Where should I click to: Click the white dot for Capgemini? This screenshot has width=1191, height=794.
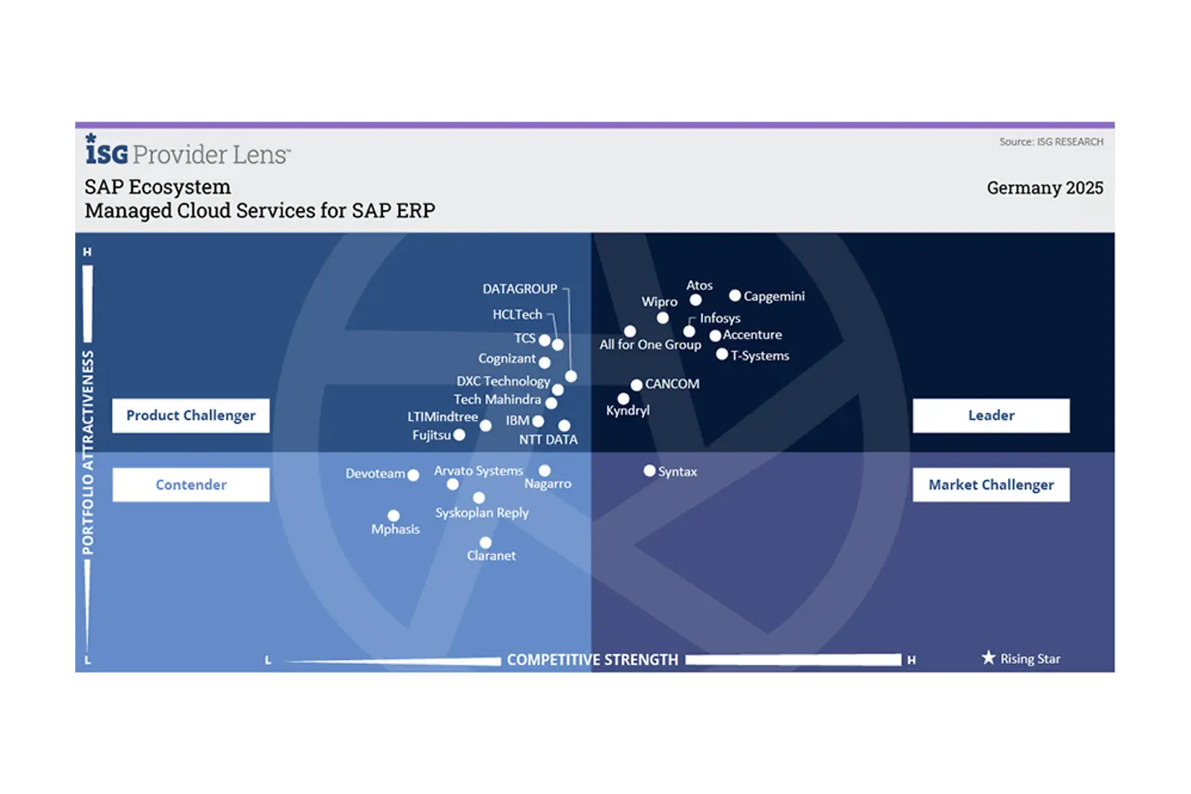(734, 295)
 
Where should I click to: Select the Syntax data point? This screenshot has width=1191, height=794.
(649, 471)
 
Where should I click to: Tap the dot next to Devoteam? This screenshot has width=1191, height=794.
(414, 475)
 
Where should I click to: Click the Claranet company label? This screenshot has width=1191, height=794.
(491, 556)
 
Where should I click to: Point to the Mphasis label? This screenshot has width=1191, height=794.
(395, 529)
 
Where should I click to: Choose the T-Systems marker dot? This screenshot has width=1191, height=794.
(721, 355)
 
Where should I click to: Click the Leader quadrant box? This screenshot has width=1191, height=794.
(991, 416)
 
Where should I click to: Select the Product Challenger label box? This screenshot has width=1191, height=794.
(191, 416)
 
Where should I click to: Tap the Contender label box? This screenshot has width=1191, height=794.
(191, 485)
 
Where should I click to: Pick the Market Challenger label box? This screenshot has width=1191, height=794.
(991, 485)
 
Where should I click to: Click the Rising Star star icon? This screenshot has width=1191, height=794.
(988, 658)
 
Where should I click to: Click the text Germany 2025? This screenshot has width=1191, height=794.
(1045, 188)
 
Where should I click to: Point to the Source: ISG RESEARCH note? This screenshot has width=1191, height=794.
(1050, 142)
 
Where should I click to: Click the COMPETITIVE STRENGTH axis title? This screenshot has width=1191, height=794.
(592, 660)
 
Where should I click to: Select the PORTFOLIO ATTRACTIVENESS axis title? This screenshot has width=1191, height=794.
(88, 452)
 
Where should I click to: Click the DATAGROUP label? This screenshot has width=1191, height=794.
(519, 289)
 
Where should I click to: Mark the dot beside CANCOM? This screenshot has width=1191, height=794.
(636, 385)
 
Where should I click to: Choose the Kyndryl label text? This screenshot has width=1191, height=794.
(628, 411)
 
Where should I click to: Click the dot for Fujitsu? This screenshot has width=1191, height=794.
(459, 435)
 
